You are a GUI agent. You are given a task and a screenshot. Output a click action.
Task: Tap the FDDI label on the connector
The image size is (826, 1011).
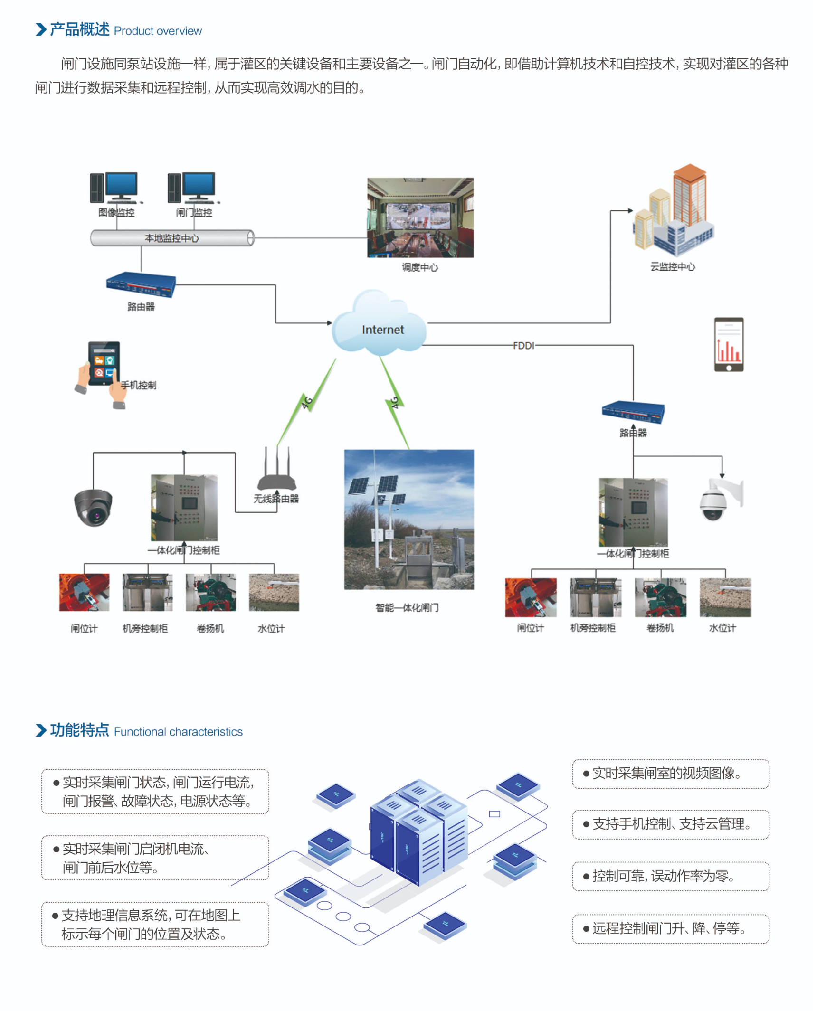pos(523,346)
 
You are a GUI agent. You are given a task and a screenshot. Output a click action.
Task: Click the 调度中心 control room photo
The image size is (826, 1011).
pos(420,217)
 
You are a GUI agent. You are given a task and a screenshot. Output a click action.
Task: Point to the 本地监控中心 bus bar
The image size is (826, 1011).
pos(172,238)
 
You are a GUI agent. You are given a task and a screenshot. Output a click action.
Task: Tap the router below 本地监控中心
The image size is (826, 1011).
pos(141,284)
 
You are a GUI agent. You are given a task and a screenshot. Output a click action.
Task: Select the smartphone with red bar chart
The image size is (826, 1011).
pos(729,344)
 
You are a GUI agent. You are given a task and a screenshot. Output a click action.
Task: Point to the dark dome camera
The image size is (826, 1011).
pos(93,507)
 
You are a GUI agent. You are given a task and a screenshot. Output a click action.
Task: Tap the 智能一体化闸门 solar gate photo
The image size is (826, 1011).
pos(408,519)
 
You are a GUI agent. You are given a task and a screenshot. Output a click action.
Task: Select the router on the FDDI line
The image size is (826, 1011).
pos(633,412)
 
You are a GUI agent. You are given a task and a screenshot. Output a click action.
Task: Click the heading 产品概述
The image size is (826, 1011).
pos(79,29)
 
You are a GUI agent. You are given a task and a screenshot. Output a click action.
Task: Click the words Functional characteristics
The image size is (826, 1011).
pos(178,731)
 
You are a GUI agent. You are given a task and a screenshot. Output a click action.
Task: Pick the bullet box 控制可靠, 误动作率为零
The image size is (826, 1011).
pos(670,876)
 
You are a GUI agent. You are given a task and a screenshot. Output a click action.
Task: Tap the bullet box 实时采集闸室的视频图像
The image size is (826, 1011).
pos(670,774)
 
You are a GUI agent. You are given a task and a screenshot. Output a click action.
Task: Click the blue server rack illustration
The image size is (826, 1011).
pos(418,832)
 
